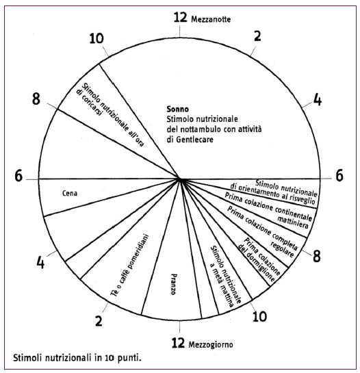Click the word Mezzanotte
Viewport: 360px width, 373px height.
pos(211,19)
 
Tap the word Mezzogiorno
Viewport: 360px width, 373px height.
pos(211,344)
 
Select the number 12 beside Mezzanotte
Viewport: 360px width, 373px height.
pos(181,18)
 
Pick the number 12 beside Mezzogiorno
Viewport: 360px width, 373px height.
pos(178,343)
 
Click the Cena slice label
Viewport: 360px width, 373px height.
pos(70,193)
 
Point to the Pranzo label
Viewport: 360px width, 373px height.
pos(174,285)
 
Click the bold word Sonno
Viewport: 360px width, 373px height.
pos(178,109)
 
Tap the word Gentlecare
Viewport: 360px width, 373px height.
pos(194,140)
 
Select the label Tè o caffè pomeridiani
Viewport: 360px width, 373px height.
pos(130,266)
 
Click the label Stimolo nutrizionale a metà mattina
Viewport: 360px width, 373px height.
pos(225,276)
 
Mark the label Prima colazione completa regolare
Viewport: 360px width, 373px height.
pos(261,231)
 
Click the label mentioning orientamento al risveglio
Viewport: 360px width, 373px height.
pos(274,192)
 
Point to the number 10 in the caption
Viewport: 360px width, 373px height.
pos(110,358)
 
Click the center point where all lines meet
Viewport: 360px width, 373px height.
pos(180,179)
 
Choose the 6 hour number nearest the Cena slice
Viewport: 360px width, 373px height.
pos(18,176)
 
